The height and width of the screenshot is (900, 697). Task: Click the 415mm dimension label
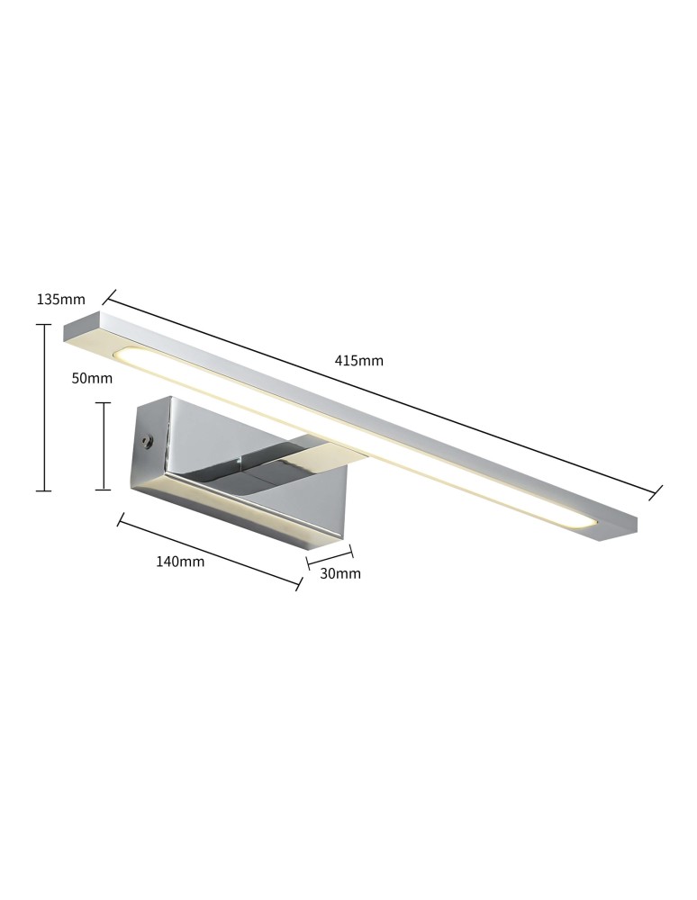pos(358,361)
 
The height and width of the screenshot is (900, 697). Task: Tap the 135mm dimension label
pos(60,300)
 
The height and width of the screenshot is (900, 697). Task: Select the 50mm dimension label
pos(92,379)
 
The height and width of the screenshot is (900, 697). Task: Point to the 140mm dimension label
pos(180,562)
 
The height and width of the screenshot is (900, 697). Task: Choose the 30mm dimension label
pos(341,573)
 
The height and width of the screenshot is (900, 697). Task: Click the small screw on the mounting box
pos(145,441)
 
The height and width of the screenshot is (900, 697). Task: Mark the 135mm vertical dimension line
pos(42,408)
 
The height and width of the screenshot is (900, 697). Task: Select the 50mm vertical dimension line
pos(104,446)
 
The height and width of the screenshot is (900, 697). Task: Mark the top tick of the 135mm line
pos(42,325)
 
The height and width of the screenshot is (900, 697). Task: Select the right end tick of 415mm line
pos(656,491)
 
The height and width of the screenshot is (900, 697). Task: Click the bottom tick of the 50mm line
pos(104,490)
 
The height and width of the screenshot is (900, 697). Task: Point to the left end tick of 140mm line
pos(120,518)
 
